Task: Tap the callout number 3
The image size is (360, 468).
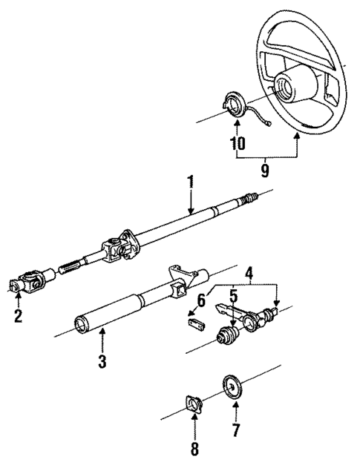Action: tap(103, 363)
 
